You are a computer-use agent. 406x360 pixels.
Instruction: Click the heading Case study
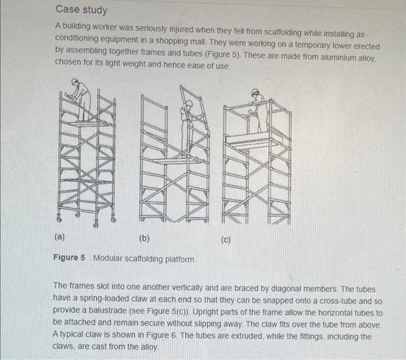pyautogui.click(x=81, y=10)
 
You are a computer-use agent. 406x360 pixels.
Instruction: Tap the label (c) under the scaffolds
pyautogui.click(x=227, y=239)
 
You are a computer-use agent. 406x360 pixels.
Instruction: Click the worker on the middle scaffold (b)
pyautogui.click(x=187, y=122)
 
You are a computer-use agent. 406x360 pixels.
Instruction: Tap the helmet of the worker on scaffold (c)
pyautogui.click(x=255, y=92)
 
